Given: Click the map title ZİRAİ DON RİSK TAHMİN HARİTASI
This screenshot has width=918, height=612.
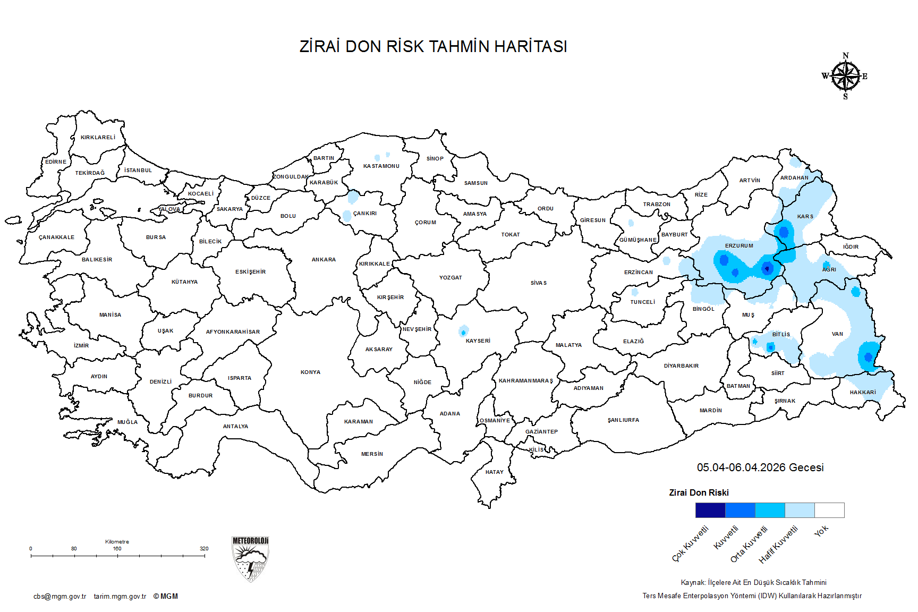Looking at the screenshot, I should click(x=433, y=46).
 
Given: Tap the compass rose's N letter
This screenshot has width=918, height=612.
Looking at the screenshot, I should click(x=846, y=56).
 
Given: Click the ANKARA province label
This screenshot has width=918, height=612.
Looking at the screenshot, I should click(x=324, y=260).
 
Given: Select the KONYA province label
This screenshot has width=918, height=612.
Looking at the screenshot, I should click(x=310, y=372).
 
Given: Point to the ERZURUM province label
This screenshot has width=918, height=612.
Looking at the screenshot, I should click(x=739, y=246).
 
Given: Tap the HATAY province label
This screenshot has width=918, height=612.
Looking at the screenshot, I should click(x=494, y=472).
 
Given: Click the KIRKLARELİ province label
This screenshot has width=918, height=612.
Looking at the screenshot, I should click(x=98, y=138).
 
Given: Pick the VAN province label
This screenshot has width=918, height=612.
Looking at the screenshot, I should click(x=837, y=334).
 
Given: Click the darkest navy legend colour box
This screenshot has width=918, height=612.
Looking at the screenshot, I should click(x=710, y=510).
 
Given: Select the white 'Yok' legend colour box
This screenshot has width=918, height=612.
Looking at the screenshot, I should click(x=829, y=510).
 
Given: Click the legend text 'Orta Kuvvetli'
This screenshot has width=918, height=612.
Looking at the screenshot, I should click(x=749, y=544).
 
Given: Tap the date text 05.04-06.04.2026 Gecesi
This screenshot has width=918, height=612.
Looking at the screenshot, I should click(x=760, y=467).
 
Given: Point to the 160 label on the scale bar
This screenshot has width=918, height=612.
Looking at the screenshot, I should click(x=117, y=548).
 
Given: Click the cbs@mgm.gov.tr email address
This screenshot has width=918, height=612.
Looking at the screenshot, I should click(x=59, y=597).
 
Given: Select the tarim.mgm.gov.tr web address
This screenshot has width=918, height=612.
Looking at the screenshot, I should click(x=120, y=597).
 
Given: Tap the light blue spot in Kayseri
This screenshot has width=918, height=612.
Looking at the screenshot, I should click(x=463, y=331).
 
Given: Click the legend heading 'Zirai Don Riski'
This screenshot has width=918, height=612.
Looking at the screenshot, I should click(x=699, y=492).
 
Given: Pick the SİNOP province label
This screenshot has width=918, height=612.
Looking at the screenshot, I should click(x=435, y=159).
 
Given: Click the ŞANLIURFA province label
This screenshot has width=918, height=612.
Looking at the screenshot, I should click(x=623, y=420).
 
